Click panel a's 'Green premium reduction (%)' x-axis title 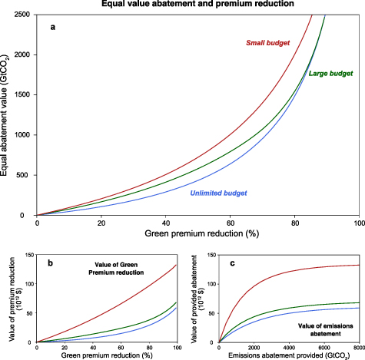197,233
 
